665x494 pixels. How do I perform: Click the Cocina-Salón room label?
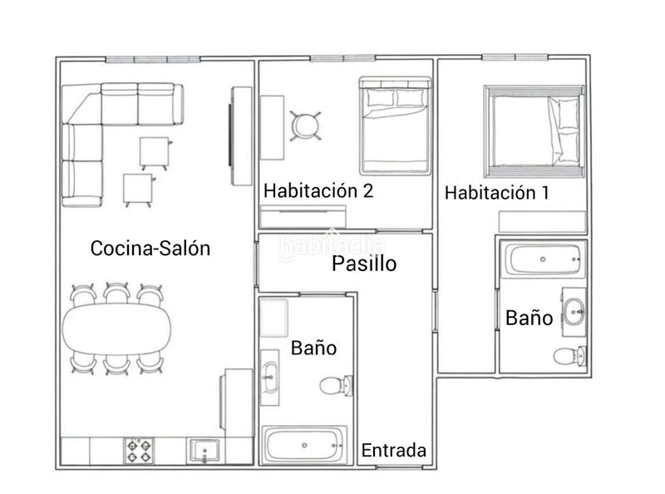click(150, 249)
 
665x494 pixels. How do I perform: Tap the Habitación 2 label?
click(318, 190)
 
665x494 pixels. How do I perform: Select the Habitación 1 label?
click(496, 193)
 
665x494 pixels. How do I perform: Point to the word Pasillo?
click(364, 264)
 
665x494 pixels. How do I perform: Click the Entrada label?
click(393, 450)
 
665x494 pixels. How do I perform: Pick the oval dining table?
click(116, 329)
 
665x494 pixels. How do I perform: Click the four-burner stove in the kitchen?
click(139, 451)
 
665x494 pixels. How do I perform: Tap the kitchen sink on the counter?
click(204, 451)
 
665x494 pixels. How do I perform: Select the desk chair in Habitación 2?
click(305, 126)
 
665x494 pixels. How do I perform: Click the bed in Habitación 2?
click(395, 126)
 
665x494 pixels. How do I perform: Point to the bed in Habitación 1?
click(534, 131)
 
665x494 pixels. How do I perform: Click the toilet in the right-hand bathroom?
click(570, 356)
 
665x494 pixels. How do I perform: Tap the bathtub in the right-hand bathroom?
click(544, 259)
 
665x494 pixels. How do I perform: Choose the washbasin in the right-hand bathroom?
click(574, 312)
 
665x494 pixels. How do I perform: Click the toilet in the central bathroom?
click(337, 386)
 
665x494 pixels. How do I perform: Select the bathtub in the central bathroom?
click(304, 445)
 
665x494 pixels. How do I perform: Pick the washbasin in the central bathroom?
click(269, 378)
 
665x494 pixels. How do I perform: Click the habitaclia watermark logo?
click(332, 245)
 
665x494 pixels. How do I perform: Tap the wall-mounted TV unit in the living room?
click(241, 136)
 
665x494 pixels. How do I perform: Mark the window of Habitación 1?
click(515, 57)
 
